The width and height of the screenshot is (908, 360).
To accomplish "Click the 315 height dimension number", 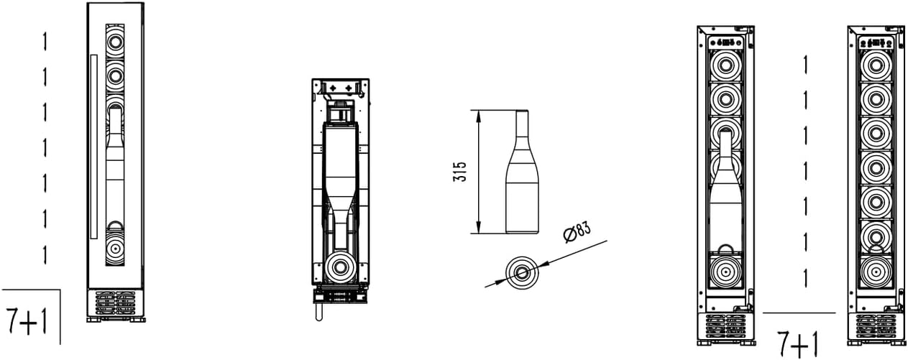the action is pos(460,172).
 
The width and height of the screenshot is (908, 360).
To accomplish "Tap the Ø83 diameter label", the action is pos(577,231).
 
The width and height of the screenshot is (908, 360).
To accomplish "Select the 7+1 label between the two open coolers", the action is pos(797,343).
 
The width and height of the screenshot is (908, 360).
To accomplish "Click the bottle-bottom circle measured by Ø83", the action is pos(522,272).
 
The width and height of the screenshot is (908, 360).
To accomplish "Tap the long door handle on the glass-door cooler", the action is pos(94,147).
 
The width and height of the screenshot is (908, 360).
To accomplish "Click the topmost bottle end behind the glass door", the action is pos(115,41).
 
